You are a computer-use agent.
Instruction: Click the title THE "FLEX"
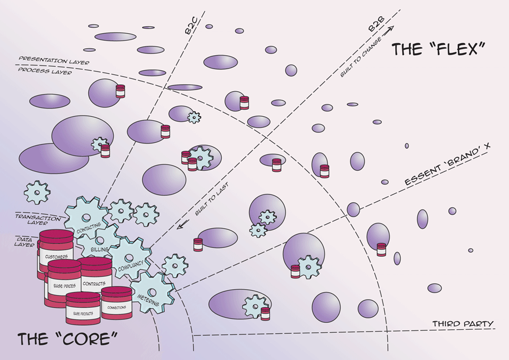coord(438,49)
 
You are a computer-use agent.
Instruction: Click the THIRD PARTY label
coord(463,323)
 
